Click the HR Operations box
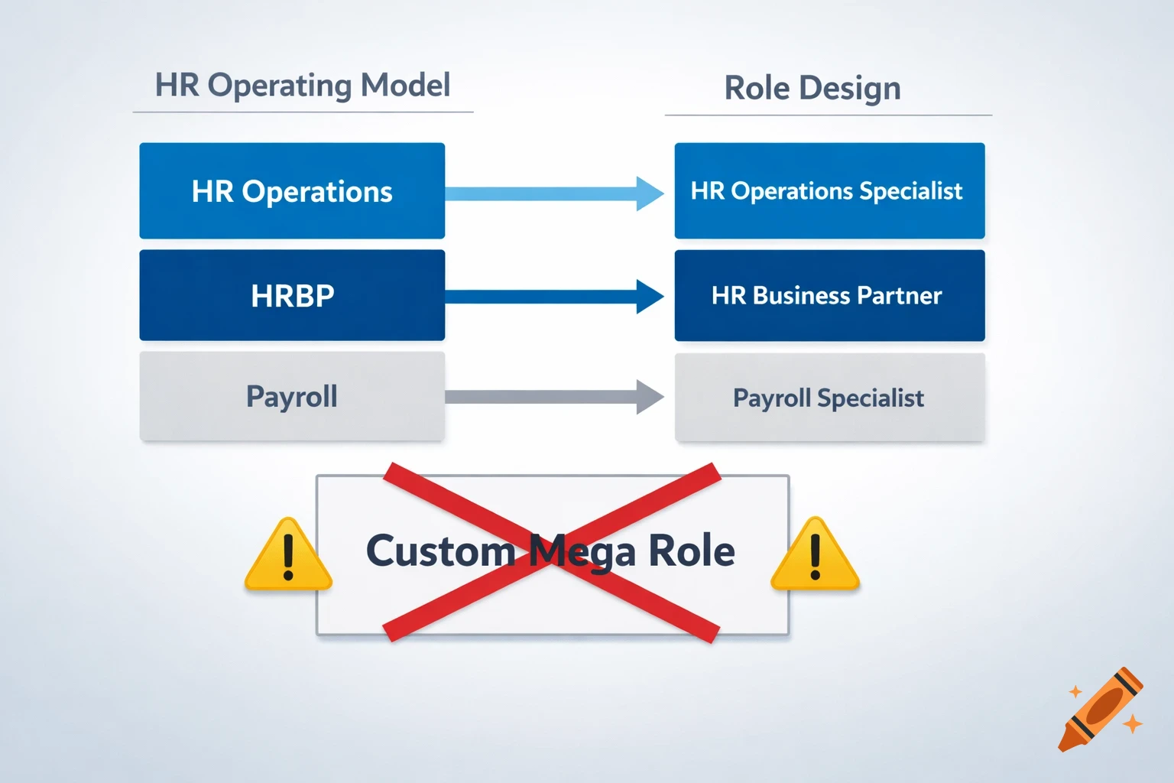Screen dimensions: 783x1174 [292, 191]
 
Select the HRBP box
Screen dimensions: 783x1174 [292, 295]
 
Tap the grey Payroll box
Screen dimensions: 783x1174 [292, 396]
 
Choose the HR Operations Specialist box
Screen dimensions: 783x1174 [829, 191]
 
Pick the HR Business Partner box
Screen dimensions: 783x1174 [829, 295]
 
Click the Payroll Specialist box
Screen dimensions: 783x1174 [829, 398]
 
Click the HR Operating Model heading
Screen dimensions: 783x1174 [303, 85]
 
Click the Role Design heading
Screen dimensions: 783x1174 [812, 88]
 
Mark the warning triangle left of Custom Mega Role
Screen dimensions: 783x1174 [288, 557]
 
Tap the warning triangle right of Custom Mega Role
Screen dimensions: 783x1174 [815, 557]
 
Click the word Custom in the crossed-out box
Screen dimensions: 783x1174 [440, 551]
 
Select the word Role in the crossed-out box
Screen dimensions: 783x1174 [692, 551]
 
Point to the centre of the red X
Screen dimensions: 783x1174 [552, 552]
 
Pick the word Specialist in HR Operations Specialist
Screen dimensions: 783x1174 [911, 191]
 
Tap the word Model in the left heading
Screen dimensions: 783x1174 [405, 85]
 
